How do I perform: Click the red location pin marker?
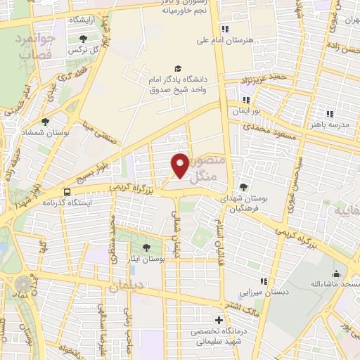click(x=181, y=165)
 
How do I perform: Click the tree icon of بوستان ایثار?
click(x=146, y=247)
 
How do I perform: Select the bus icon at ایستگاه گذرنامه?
click(x=67, y=191)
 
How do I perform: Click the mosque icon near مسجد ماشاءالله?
click(x=336, y=274)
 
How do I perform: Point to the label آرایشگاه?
click(x=84, y=20)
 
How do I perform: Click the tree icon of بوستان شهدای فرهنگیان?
click(x=244, y=187)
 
